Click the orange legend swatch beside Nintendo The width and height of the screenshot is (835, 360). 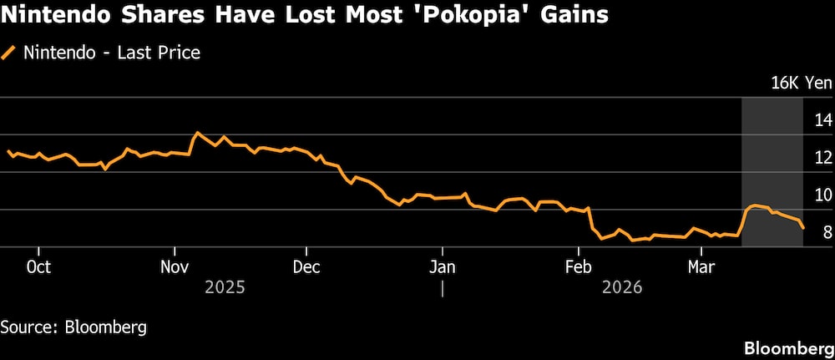pyautogui.click(x=9, y=53)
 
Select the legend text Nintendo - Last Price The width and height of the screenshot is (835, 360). pyautogui.click(x=112, y=53)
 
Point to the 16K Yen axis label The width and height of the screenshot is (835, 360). pyautogui.click(x=801, y=83)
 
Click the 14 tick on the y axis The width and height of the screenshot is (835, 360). pyautogui.click(x=822, y=120)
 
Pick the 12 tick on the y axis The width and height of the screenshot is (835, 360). pyautogui.click(x=822, y=158)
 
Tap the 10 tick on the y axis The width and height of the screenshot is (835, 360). pyautogui.click(x=822, y=195)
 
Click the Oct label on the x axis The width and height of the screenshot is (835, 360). pyautogui.click(x=38, y=266)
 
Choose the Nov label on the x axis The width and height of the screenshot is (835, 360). pyautogui.click(x=175, y=266)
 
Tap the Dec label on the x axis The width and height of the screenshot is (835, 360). pyautogui.click(x=306, y=266)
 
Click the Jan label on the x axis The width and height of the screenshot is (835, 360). pyautogui.click(x=442, y=266)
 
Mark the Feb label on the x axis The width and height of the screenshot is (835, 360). pyautogui.click(x=578, y=266)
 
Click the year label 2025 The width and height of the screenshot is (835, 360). pyautogui.click(x=225, y=287)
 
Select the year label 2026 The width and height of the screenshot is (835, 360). pyautogui.click(x=621, y=287)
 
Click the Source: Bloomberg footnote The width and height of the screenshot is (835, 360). pyautogui.click(x=73, y=327)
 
